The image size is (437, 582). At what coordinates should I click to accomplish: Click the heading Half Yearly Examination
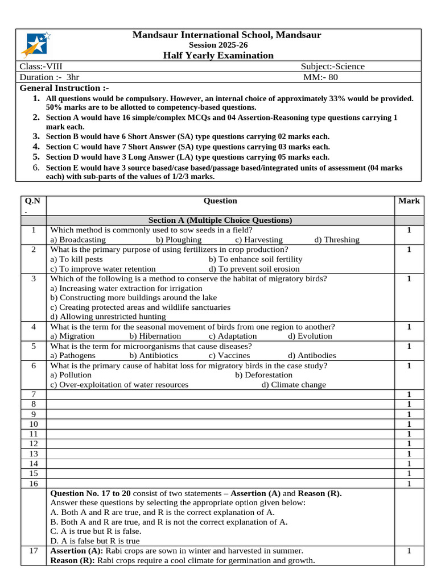(x=218, y=55)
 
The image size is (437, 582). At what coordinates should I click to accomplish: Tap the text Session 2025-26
(x=218, y=45)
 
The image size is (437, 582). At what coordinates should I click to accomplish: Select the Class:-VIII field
(x=41, y=66)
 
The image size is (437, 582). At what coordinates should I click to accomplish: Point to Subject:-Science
(x=332, y=66)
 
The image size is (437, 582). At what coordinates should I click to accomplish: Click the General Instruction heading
(x=64, y=88)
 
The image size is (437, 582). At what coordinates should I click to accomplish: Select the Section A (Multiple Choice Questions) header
(x=220, y=221)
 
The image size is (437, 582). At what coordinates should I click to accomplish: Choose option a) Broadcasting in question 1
(x=78, y=240)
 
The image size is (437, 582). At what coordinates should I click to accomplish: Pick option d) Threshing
(x=336, y=240)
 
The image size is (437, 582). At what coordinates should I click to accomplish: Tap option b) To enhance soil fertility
(x=255, y=259)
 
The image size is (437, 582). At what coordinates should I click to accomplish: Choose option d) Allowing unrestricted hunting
(x=108, y=317)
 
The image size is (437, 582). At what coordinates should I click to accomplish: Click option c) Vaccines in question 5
(x=229, y=356)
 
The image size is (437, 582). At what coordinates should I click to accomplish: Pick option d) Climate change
(x=294, y=385)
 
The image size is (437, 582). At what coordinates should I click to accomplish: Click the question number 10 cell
(x=33, y=424)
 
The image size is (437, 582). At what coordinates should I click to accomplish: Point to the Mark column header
(x=409, y=201)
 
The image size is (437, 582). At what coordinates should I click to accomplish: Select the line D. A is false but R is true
(x=95, y=541)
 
